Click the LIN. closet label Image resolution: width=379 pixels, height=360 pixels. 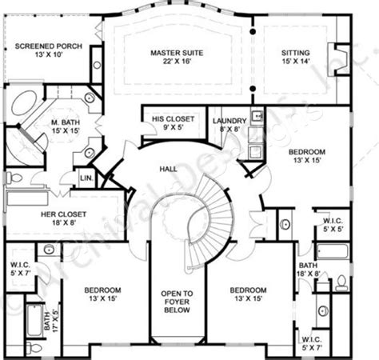click(88, 177)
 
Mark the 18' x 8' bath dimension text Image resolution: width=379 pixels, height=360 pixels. click(309, 273)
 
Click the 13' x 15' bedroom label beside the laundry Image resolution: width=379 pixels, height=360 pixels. click(307, 156)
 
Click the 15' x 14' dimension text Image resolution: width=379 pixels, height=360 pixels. click(295, 62)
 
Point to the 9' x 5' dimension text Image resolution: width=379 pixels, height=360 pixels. click(168, 126)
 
